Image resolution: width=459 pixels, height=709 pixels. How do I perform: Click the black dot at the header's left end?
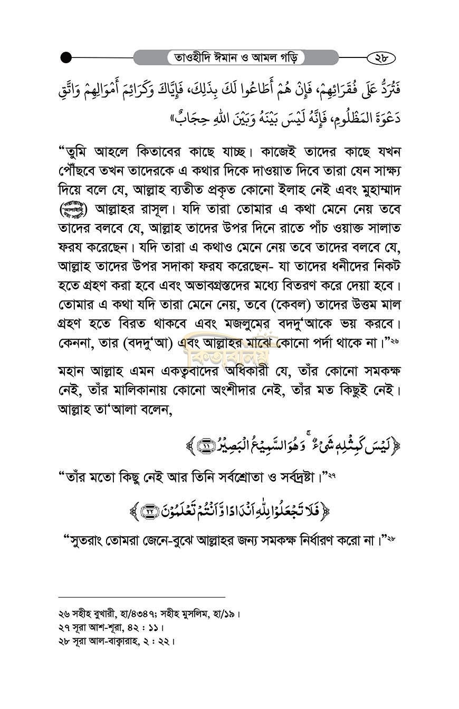point(66,57)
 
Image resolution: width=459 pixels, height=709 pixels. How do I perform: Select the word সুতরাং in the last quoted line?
point(89,541)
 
